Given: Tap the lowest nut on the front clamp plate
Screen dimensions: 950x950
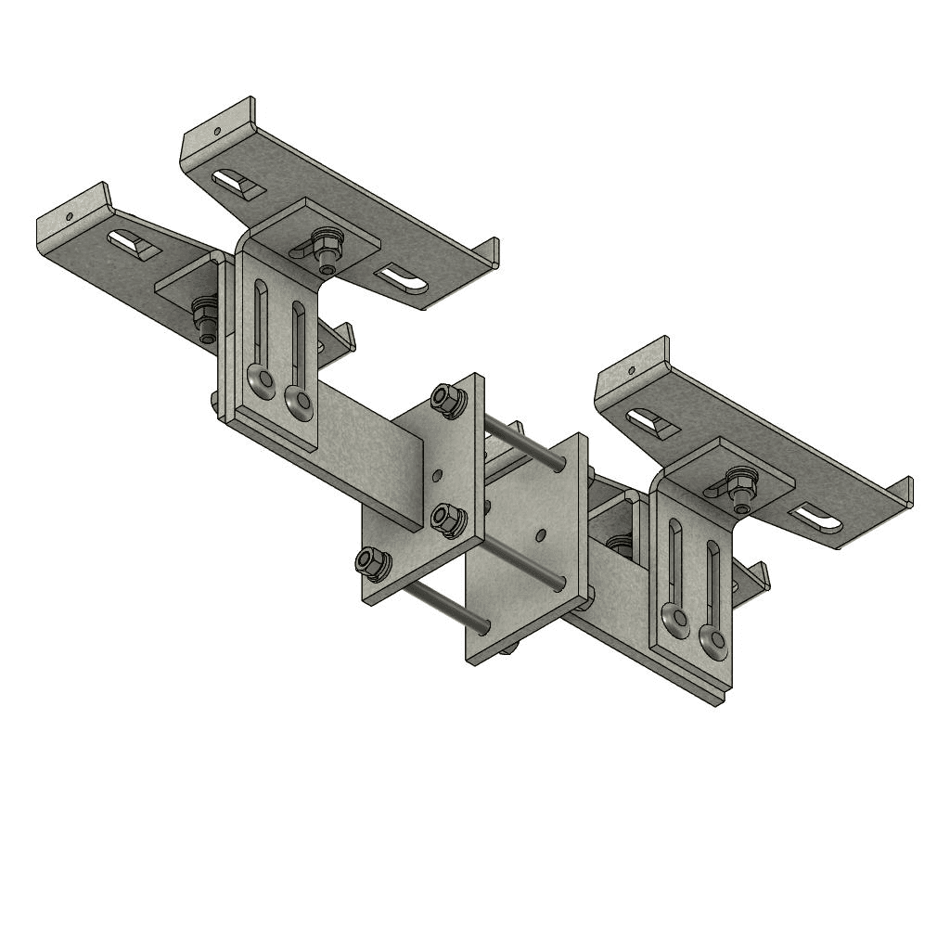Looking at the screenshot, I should click(x=371, y=561).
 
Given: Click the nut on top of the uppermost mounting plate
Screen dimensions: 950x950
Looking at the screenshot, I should click(x=324, y=246).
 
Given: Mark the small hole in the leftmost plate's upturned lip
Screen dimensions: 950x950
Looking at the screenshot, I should click(x=69, y=217).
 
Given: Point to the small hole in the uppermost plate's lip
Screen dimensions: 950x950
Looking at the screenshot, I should click(x=216, y=131).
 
